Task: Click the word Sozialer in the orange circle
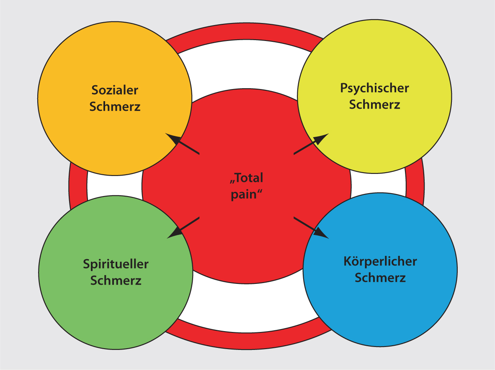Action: pyautogui.click(x=115, y=90)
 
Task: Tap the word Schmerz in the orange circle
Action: pyautogui.click(x=115, y=107)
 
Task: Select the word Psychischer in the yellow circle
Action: pyautogui.click(x=374, y=88)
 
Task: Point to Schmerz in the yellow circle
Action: pyautogui.click(x=374, y=105)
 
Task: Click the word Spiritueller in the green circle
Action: pyautogui.click(x=116, y=264)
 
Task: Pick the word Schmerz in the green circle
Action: pyautogui.click(x=116, y=281)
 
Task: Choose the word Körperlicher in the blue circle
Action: pyautogui.click(x=380, y=262)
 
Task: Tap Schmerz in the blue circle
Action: pyautogui.click(x=380, y=278)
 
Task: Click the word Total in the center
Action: pyautogui.click(x=249, y=178)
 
